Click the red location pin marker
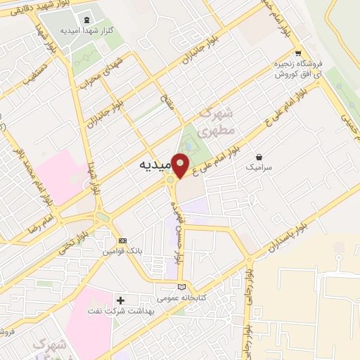click(181, 165)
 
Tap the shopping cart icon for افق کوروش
click(298, 53)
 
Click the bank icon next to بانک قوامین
click(123, 240)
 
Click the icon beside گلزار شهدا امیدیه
click(86, 20)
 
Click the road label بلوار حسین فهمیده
click(176, 226)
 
